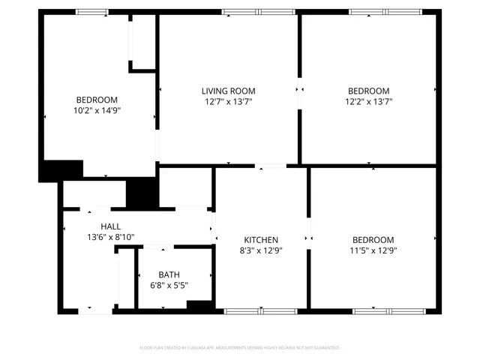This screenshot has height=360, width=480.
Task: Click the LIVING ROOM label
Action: click(x=229, y=91)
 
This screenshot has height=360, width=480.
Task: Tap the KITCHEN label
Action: click(x=262, y=240)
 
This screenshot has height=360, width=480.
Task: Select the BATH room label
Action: click(x=168, y=274)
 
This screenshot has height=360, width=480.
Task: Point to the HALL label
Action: click(x=110, y=226)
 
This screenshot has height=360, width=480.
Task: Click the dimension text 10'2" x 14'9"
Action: click(x=97, y=110)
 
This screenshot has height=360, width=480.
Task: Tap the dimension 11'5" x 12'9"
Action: click(x=373, y=250)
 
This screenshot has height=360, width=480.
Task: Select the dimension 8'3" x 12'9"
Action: click(x=262, y=250)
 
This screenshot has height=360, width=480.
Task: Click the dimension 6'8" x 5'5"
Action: click(x=168, y=285)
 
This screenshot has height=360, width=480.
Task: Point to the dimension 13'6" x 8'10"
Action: click(x=110, y=237)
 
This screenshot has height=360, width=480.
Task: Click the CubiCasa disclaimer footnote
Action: click(x=240, y=348)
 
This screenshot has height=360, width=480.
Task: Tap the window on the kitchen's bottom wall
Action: click(x=260, y=310)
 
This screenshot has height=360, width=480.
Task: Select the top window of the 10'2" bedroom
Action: click(x=92, y=12)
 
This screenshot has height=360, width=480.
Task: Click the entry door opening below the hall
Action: click(x=96, y=310)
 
